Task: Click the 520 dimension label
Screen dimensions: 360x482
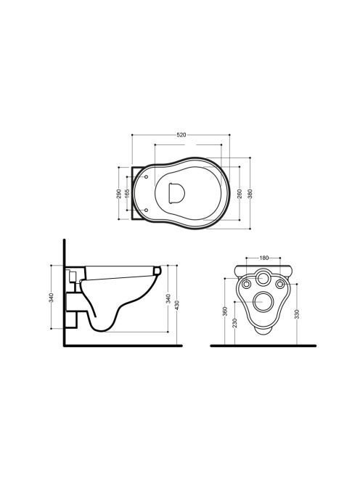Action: pyautogui.click(x=181, y=134)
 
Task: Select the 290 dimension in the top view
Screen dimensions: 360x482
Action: pyautogui.click(x=118, y=194)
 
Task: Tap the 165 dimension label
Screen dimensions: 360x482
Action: pyautogui.click(x=127, y=193)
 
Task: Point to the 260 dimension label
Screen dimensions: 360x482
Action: pyautogui.click(x=240, y=194)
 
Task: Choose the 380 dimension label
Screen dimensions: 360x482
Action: pyautogui.click(x=250, y=194)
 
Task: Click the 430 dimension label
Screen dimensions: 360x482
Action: pyautogui.click(x=177, y=305)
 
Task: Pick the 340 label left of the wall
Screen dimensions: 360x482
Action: pyautogui.click(x=52, y=298)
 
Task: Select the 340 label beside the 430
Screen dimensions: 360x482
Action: pyautogui.click(x=168, y=298)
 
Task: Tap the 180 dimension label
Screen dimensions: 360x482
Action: pyautogui.click(x=263, y=258)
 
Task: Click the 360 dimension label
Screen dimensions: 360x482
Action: pyautogui.click(x=225, y=311)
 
